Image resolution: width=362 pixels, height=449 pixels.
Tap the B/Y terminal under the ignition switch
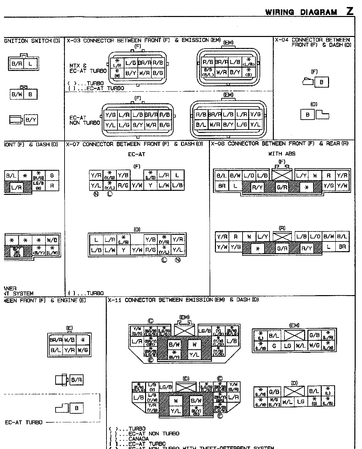coord(31,120)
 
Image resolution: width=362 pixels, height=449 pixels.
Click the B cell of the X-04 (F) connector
coord(321,82)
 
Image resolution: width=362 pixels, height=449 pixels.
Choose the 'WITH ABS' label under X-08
coord(282,154)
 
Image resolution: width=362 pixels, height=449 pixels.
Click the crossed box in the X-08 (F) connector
coord(282,175)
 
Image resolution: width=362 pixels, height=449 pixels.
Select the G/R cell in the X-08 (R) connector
coord(282,248)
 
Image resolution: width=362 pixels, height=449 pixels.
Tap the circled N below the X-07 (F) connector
coord(96,194)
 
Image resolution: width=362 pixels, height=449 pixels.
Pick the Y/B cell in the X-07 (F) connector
coord(123,175)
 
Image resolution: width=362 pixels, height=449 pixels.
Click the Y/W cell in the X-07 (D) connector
coord(137,249)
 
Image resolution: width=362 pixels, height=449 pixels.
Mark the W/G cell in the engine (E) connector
coord(83,350)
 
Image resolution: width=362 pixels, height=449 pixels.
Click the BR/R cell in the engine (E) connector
coord(56,340)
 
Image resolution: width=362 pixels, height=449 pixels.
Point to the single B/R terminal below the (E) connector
coord(77,379)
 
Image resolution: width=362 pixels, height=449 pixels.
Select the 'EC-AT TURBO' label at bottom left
coord(24,422)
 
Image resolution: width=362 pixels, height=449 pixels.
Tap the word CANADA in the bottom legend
coord(138,439)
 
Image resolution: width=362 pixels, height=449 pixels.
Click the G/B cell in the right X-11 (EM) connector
coord(314,335)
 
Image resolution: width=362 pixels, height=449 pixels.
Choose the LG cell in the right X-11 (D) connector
coord(300,401)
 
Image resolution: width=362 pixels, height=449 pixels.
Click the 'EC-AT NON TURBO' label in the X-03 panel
coord(85,120)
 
